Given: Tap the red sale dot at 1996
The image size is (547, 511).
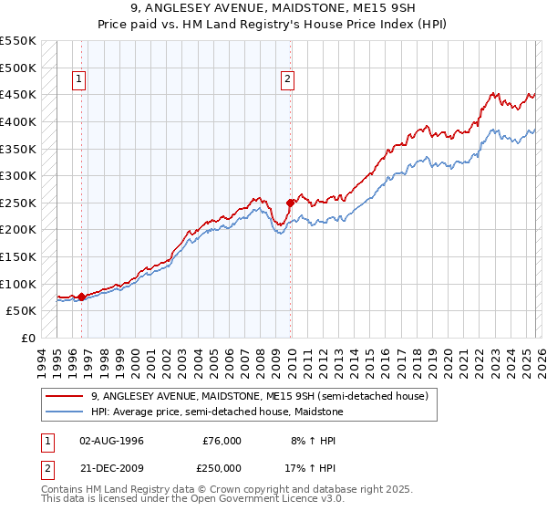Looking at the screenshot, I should coord(82,297).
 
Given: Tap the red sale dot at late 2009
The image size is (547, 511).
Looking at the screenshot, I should coord(291,203).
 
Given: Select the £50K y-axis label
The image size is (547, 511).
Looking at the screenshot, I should coord(21,310).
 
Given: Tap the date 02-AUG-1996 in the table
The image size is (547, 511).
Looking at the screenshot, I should coord(111,440).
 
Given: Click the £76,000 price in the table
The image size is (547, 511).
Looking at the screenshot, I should coord(221,440).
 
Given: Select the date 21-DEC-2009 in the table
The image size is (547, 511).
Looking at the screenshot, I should coord(111,467).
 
